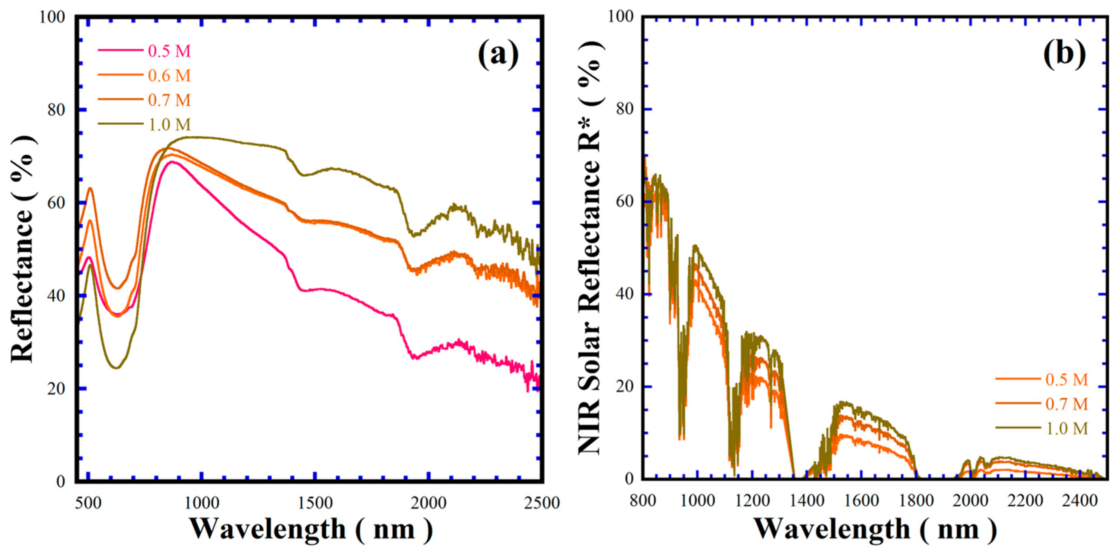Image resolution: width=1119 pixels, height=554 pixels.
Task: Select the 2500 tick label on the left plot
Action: [541, 503]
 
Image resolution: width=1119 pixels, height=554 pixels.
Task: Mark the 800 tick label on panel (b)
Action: [642, 500]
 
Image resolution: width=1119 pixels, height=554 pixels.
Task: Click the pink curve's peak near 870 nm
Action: [172, 162]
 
